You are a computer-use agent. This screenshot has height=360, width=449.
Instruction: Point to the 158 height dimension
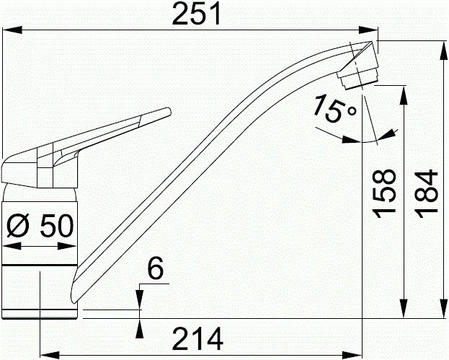[388, 193]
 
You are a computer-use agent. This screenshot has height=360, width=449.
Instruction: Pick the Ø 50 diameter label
[40, 227]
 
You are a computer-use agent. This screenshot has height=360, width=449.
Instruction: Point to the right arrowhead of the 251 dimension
[373, 30]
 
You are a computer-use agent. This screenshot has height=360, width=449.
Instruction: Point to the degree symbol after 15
[351, 110]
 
